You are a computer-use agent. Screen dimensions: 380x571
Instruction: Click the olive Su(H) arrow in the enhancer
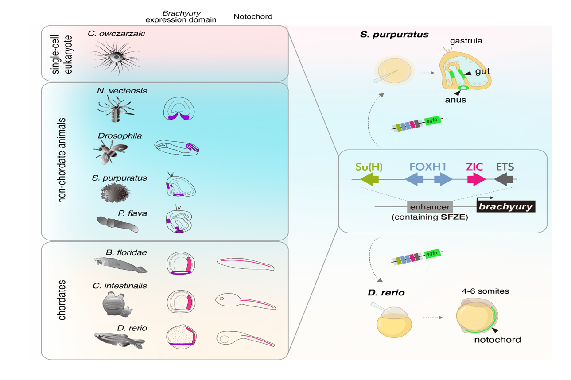point(370,179)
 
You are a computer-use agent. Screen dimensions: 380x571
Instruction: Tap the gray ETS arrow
point(504,179)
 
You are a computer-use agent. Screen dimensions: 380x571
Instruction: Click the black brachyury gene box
point(506,206)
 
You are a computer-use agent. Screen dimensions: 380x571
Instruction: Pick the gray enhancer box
point(430,206)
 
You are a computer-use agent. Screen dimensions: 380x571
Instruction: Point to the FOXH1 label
point(428,167)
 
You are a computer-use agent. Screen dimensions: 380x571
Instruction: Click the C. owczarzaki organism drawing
point(116,57)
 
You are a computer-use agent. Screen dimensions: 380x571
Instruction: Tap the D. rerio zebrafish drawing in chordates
point(120,340)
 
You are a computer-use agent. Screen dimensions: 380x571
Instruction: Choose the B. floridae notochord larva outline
point(245,264)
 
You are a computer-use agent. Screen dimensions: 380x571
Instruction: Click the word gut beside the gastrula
point(482,71)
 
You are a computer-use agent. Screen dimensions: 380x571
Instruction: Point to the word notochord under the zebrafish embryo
point(497,340)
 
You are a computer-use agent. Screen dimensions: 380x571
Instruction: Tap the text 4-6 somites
point(486,291)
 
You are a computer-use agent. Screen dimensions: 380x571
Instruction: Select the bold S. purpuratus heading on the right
point(394,34)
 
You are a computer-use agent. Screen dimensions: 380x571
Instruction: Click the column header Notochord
point(252,17)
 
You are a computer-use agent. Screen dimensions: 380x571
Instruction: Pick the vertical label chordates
point(62,300)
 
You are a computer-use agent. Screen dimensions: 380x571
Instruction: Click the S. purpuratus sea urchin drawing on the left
point(116,193)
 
